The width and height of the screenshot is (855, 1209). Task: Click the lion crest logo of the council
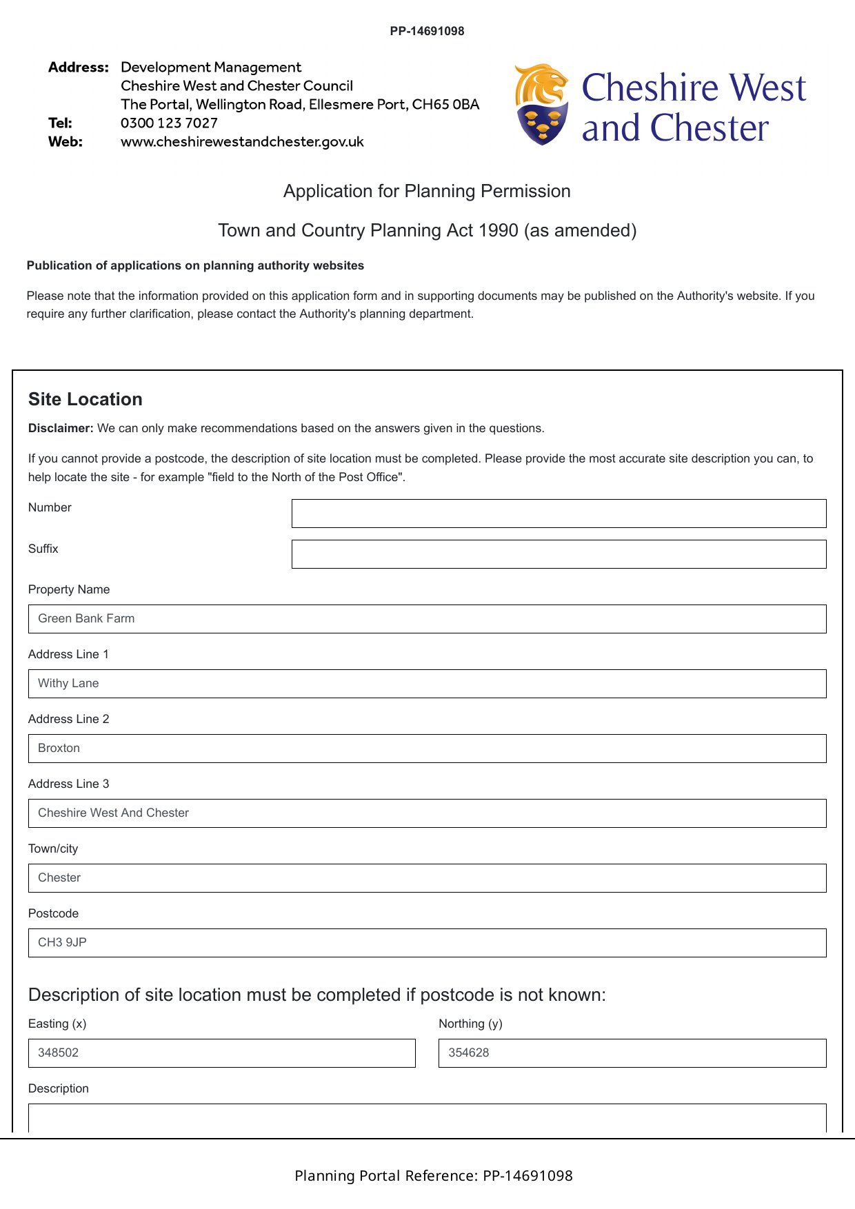click(542, 104)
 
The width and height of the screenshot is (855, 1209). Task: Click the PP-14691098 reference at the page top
click(427, 31)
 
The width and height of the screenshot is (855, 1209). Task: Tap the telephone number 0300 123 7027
click(169, 123)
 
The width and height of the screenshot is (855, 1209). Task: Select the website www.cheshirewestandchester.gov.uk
click(242, 142)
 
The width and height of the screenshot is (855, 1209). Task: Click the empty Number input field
click(559, 514)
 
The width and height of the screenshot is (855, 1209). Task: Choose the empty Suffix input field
click(559, 554)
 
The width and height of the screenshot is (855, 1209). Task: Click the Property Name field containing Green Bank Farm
click(427, 619)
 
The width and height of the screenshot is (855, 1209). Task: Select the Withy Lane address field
click(427, 684)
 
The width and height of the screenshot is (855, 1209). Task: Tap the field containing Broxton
click(427, 749)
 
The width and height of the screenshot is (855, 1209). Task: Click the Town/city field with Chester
click(427, 878)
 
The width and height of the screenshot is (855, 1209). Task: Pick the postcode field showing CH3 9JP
click(427, 943)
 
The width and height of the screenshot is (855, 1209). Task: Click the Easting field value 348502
click(221, 1053)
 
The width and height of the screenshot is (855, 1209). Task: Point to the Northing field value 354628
click(632, 1053)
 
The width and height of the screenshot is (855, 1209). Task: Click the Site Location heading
click(85, 399)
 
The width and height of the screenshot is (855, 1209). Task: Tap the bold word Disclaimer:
click(61, 428)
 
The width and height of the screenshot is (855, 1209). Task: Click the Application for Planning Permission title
click(427, 191)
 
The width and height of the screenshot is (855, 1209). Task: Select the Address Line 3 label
click(68, 784)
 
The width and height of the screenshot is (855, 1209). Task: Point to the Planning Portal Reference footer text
click(433, 1176)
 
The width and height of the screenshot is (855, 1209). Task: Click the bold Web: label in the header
click(66, 142)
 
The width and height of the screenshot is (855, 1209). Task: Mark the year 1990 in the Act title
click(498, 230)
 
